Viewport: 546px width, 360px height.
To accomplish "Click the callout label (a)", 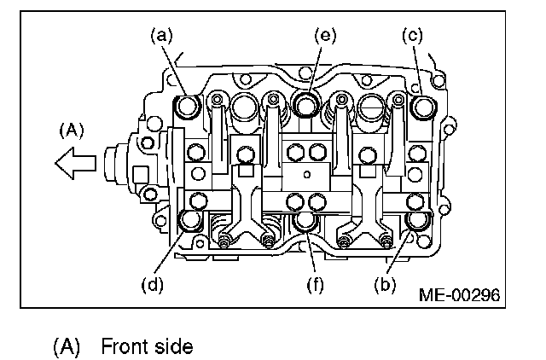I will click(x=160, y=36).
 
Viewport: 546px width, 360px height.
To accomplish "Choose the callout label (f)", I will click(x=317, y=283).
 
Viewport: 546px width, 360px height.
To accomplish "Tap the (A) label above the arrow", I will click(x=72, y=131).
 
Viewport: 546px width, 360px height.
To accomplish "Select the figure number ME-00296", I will click(x=458, y=295).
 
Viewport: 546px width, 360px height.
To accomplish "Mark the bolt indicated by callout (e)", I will click(x=305, y=103).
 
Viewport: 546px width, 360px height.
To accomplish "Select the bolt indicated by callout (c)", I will click(x=421, y=108).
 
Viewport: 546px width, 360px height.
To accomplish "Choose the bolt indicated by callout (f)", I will click(x=305, y=224).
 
